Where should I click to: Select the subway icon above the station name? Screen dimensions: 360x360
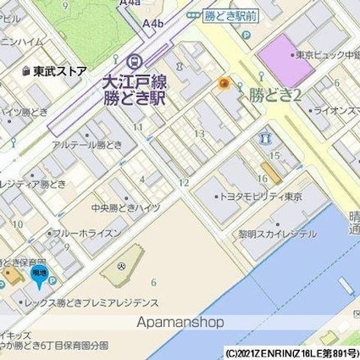pos(134,62)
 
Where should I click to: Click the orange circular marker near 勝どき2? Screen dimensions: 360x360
pos(224,83)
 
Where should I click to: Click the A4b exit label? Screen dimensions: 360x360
pos(154,23)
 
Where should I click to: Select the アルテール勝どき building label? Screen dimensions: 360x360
pos(87,146)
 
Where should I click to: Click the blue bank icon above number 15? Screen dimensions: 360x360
pos(267,136)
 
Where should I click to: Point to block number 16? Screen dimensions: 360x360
pos(263,179)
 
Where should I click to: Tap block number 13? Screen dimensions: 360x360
pos(200,133)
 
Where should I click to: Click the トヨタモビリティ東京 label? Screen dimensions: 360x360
pos(262,196)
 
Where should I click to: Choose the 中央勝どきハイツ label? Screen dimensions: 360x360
pos(125,208)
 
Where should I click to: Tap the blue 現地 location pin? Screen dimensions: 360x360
pos(39,274)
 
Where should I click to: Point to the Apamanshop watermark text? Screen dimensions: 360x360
pos(180,322)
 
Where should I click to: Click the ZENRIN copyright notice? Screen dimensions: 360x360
pos(290,352)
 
